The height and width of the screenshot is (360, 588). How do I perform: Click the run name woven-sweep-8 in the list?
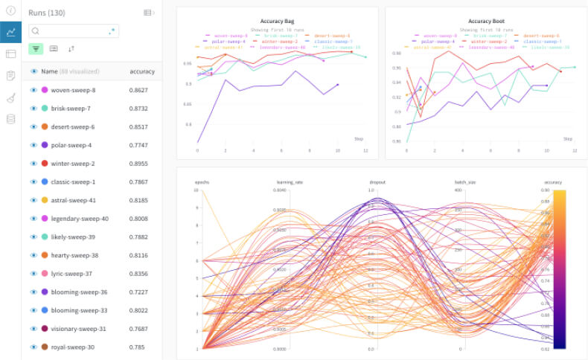tap(73, 90)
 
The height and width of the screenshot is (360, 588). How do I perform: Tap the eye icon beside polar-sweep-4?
tap(33, 145)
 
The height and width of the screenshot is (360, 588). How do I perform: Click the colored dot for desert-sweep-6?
tap(45, 126)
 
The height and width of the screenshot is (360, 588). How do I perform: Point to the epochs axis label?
tap(202, 182)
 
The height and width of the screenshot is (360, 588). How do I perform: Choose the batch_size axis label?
tap(464, 182)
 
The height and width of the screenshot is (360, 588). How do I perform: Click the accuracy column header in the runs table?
tap(142, 71)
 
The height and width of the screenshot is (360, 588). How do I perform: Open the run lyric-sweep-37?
tap(72, 274)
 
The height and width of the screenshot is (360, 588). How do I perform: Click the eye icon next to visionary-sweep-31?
tap(33, 329)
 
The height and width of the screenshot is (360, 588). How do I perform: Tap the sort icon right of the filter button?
tap(71, 49)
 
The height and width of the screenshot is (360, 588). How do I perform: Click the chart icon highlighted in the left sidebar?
tap(11, 32)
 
